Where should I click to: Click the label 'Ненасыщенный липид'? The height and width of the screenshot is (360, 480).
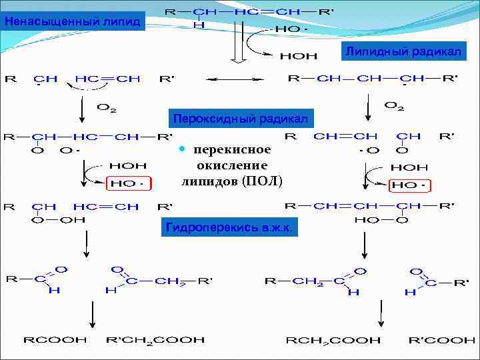[x=71, y=21]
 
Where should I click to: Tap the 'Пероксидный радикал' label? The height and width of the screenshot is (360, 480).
[x=240, y=119]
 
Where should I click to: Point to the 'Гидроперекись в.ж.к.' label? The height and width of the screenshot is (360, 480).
[x=231, y=228]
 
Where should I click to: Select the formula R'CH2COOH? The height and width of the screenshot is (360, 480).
[x=155, y=340]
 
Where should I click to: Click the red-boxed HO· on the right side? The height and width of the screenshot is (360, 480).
[x=409, y=185]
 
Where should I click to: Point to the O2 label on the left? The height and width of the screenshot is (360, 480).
[x=107, y=106]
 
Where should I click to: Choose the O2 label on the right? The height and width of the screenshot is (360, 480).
[x=395, y=105]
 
